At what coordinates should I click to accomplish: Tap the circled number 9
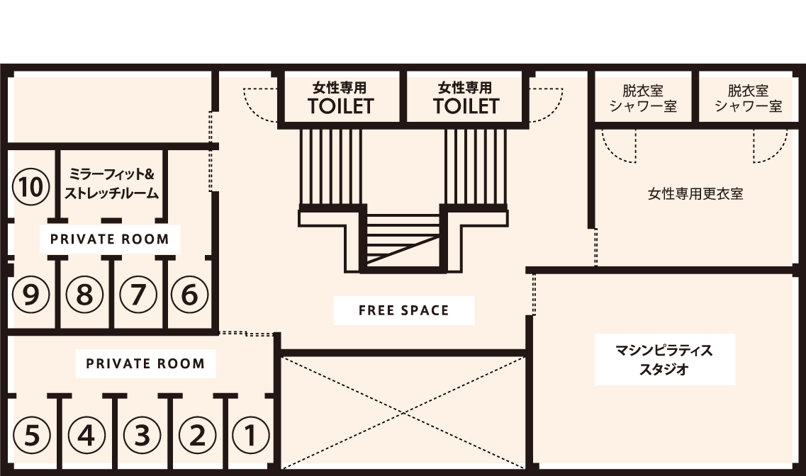click(x=31, y=295)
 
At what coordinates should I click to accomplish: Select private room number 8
click(x=84, y=295)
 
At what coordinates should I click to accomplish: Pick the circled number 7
click(x=138, y=295)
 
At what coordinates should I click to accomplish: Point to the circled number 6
click(x=190, y=295)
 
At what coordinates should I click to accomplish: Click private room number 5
click(x=31, y=435)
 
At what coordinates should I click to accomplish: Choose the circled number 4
click(x=86, y=435)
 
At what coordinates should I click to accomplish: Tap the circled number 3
click(x=142, y=435)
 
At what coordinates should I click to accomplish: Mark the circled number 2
click(x=197, y=435)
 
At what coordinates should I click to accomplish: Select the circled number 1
click(x=251, y=435)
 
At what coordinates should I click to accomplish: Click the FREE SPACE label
click(x=404, y=310)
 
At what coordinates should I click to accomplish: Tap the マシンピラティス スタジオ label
click(x=664, y=360)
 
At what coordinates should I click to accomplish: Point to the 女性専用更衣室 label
click(x=695, y=193)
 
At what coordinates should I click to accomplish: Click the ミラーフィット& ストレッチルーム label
click(x=111, y=184)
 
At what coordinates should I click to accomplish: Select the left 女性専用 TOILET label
click(x=340, y=98)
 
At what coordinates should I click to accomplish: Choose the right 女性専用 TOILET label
click(x=466, y=98)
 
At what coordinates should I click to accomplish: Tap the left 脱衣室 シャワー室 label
click(x=643, y=98)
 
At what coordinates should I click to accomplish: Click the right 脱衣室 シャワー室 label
click(x=749, y=98)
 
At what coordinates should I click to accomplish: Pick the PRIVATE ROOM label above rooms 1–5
click(x=145, y=363)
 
